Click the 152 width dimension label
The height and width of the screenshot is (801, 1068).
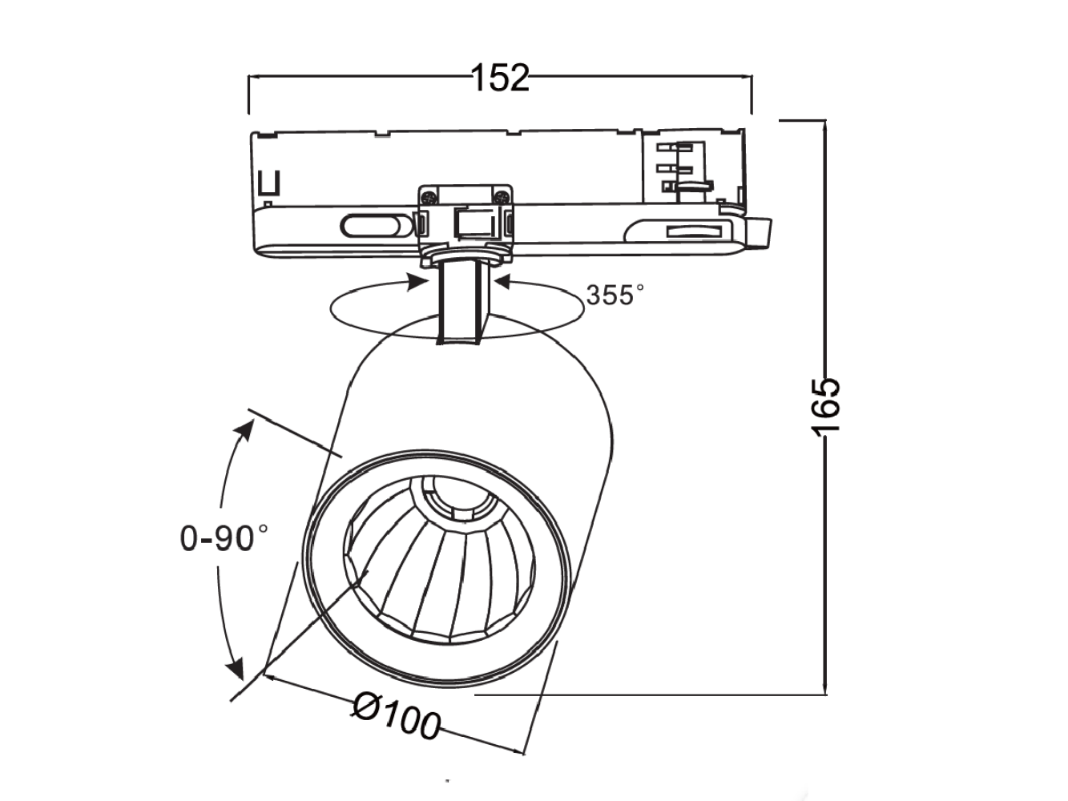click(500, 78)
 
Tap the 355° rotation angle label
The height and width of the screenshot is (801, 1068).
click(615, 295)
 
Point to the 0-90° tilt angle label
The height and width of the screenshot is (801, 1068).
click(224, 537)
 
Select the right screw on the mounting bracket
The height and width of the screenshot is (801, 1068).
click(502, 195)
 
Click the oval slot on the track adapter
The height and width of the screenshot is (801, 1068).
click(372, 226)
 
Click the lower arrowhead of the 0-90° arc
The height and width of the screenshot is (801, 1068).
click(236, 666)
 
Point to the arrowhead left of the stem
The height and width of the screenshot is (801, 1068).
click(417, 281)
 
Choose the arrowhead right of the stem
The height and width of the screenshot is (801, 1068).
click(503, 281)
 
